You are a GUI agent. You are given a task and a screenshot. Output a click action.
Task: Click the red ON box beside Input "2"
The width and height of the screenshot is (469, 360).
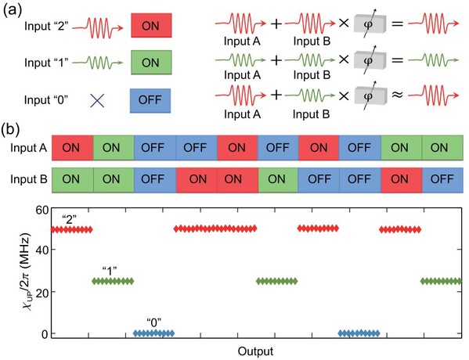pos(151,25)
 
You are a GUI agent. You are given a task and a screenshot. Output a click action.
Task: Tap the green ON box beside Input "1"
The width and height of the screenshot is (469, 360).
pos(151,62)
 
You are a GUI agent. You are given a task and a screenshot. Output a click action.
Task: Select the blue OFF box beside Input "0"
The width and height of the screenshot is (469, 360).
pos(150,100)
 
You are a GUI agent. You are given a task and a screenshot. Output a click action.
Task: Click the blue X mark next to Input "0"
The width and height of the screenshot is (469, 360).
pos(97,101)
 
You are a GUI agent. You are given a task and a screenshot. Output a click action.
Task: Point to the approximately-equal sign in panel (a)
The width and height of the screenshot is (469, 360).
pos(398,95)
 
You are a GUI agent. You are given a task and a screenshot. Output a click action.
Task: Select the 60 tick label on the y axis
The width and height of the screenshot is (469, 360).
pos(41,210)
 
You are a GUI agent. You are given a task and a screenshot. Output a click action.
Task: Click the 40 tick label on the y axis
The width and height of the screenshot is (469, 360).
pos(41,250)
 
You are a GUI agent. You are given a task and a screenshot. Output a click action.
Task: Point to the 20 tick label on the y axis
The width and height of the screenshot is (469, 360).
pos(41,292)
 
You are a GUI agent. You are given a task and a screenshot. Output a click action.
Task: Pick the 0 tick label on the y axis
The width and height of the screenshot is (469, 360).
pos(45,333)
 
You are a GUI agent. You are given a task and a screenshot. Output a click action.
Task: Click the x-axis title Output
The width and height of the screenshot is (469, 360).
pos(255,351)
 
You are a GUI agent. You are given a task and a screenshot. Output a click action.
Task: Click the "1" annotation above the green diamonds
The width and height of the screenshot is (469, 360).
pos(109,272)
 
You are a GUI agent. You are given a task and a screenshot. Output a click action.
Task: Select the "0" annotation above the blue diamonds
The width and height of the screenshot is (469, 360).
pos(154,323)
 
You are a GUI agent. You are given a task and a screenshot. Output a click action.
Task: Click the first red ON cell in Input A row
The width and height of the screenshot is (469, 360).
pos(73,147)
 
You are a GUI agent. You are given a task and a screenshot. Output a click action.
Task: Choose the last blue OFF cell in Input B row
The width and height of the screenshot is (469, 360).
pos(442,180)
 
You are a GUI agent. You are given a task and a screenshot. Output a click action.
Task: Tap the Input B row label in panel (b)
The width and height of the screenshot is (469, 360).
pos(29,179)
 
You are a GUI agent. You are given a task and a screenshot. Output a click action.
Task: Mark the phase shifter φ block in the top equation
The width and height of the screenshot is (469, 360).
pos(370,24)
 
